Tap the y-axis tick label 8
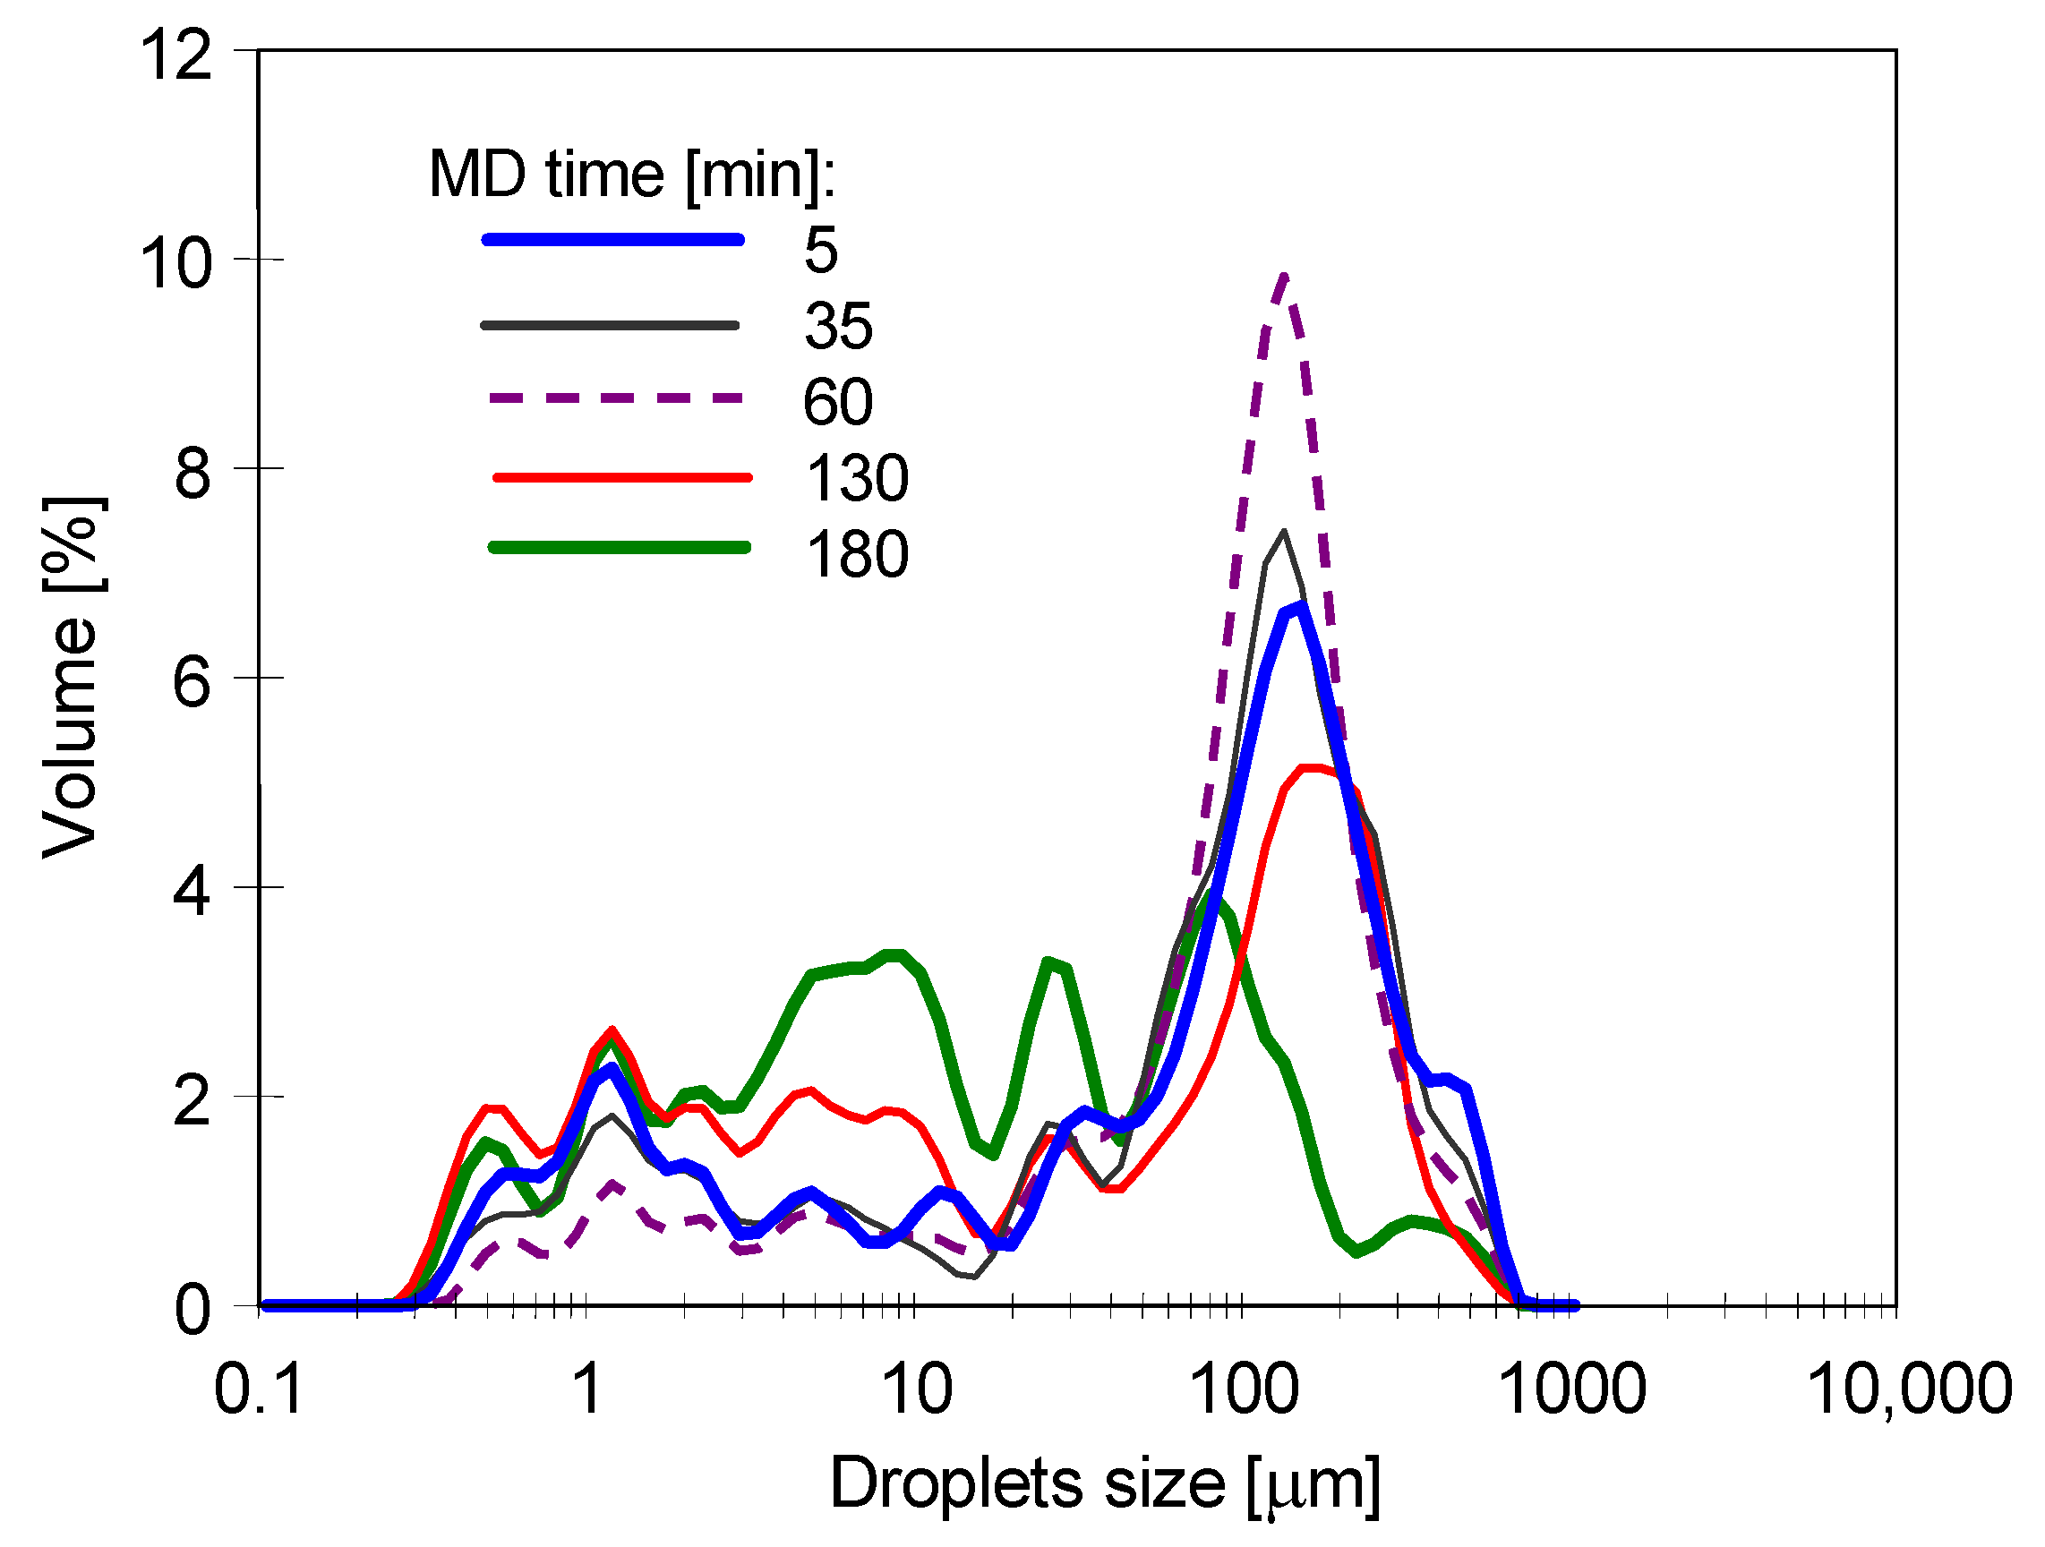pyautogui.click(x=193, y=474)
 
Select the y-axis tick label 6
pyautogui.click(x=193, y=684)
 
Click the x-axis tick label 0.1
pyautogui.click(x=258, y=1389)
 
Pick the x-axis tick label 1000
pyautogui.click(x=1570, y=1389)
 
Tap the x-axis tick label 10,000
pyautogui.click(x=1909, y=1389)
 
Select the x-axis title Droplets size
pyautogui.click(x=1105, y=1484)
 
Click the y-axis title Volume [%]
pyautogui.click(x=73, y=678)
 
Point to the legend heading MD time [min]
pyautogui.click(x=631, y=174)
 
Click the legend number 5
pyautogui.click(x=820, y=250)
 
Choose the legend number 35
pyautogui.click(x=837, y=326)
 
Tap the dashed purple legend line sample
pyautogui.click(x=615, y=398)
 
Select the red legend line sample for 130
pyautogui.click(x=622, y=478)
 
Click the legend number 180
pyautogui.click(x=857, y=554)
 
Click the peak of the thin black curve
pyautogui.click(x=1283, y=532)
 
